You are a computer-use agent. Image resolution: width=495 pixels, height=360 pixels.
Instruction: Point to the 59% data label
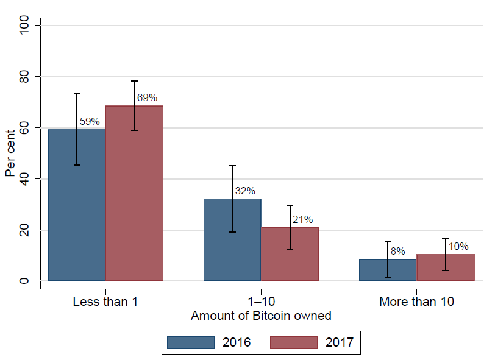tap(90, 121)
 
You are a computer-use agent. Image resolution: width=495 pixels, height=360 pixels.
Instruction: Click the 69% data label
tap(148, 97)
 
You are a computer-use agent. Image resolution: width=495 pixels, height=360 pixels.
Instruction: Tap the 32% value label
tap(245, 191)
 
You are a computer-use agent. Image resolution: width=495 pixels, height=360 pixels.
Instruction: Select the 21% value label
tap(303, 219)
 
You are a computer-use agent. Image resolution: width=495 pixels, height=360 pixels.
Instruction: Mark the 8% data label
tap(398, 250)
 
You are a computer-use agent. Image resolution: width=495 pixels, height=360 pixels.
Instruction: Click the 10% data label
tap(458, 246)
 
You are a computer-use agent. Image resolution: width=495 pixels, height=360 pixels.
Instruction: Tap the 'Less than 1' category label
tap(105, 302)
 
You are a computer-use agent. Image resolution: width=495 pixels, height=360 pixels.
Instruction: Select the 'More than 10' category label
tap(416, 302)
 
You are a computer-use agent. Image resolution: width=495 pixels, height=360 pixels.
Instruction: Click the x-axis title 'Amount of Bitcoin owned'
tap(261, 316)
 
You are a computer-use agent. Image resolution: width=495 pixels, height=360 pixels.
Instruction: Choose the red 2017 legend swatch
tap(294, 342)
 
